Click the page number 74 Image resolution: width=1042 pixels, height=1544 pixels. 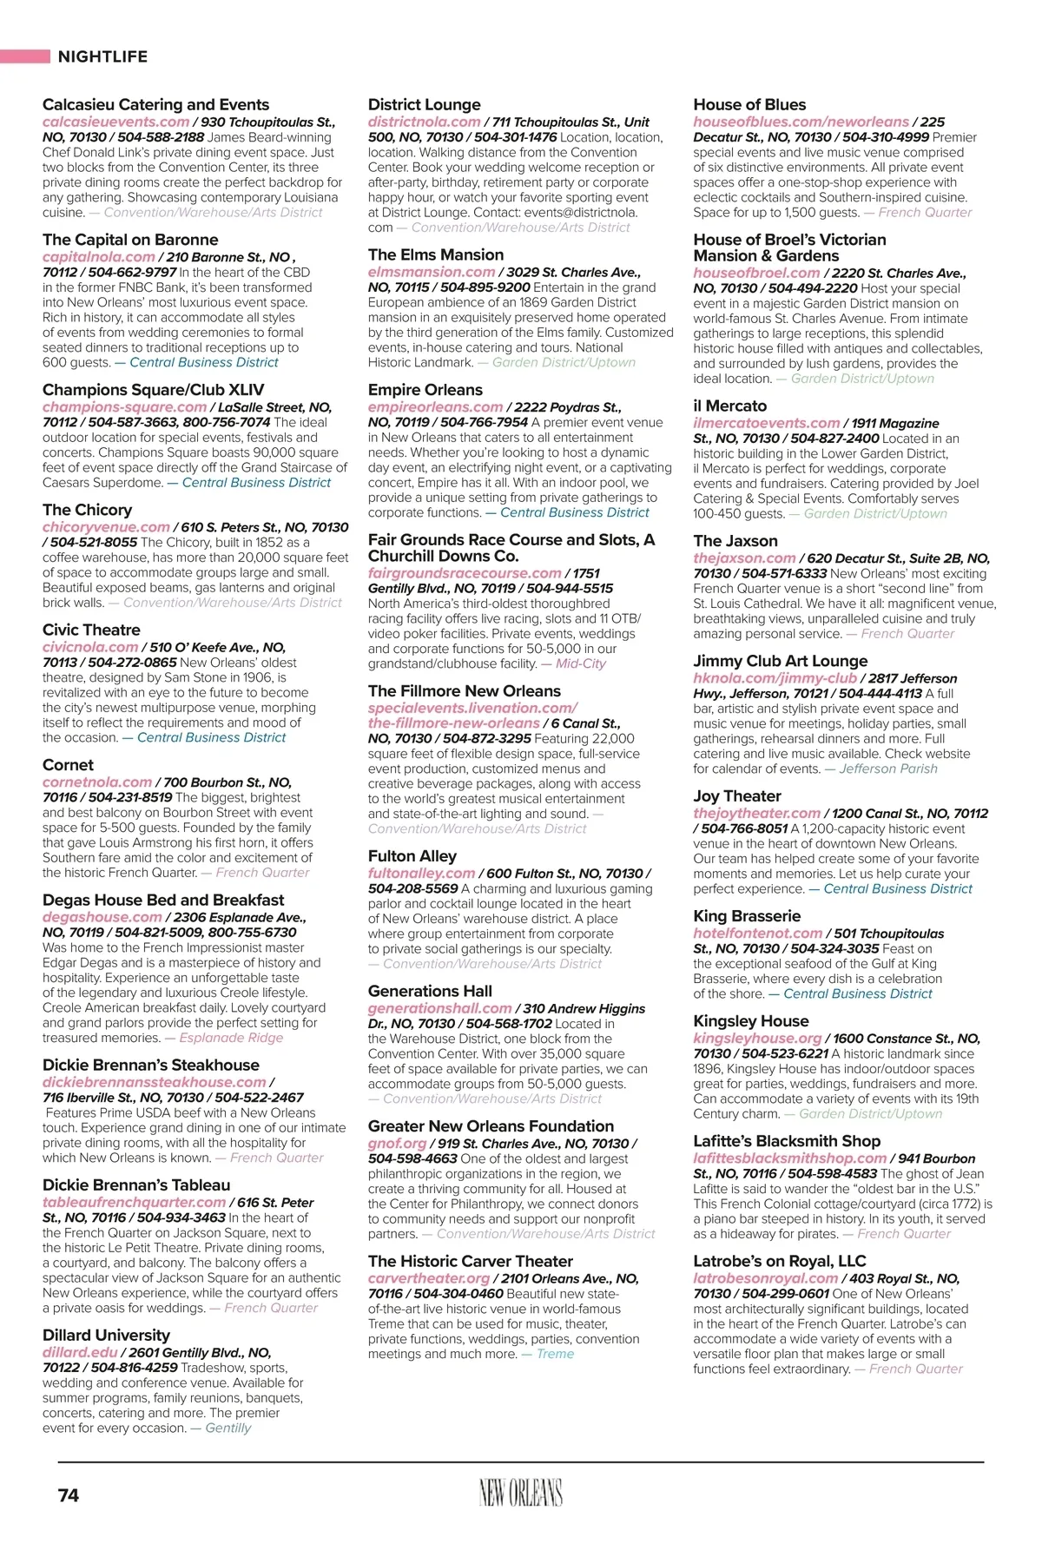(x=68, y=1495)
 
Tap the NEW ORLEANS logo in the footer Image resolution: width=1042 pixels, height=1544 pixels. (x=520, y=1493)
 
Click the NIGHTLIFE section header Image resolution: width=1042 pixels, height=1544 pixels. (x=102, y=56)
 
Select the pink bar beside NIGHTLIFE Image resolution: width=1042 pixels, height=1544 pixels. (x=25, y=56)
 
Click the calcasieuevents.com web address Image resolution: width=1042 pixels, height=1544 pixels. (x=115, y=122)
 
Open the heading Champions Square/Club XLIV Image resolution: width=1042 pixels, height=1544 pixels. (x=153, y=390)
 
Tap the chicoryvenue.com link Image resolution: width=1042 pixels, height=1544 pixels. (x=106, y=527)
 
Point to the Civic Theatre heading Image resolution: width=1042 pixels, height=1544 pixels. (x=91, y=630)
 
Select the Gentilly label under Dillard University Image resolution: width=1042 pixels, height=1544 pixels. (x=228, y=1428)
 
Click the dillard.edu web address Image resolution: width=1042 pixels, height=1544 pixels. (x=80, y=1352)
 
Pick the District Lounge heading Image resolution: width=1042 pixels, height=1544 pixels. (x=424, y=105)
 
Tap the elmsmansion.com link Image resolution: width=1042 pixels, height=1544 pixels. (x=431, y=272)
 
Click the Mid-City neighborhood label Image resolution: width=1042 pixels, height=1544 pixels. (x=581, y=663)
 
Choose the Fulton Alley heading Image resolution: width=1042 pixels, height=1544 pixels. (x=412, y=856)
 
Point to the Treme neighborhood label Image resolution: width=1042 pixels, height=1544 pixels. (x=555, y=1354)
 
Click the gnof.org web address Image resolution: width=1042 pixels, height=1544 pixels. (x=398, y=1144)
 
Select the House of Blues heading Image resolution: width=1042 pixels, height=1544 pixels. (x=749, y=105)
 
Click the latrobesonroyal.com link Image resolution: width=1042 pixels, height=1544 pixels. (x=765, y=1278)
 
